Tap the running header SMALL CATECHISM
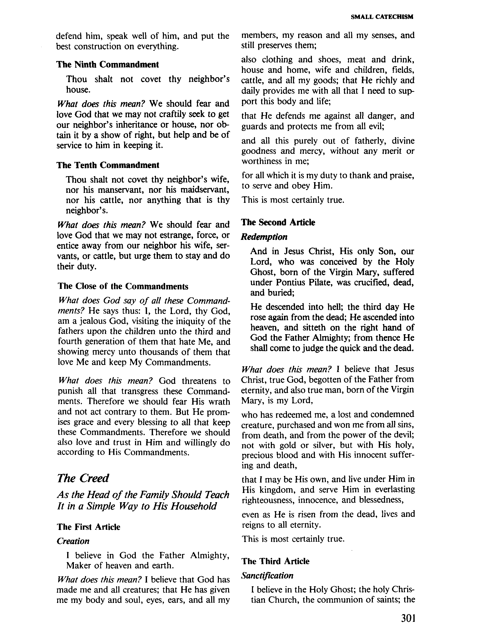[x=382, y=17]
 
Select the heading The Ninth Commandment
[x=107, y=64]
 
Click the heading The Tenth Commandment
[x=108, y=165]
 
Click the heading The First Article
[x=89, y=527]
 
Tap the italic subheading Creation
[x=73, y=541]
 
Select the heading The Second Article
[x=278, y=222]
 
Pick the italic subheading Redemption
[x=264, y=237]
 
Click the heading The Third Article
[x=275, y=561]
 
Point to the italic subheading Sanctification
[x=267, y=575]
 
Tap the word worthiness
[x=265, y=161]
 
